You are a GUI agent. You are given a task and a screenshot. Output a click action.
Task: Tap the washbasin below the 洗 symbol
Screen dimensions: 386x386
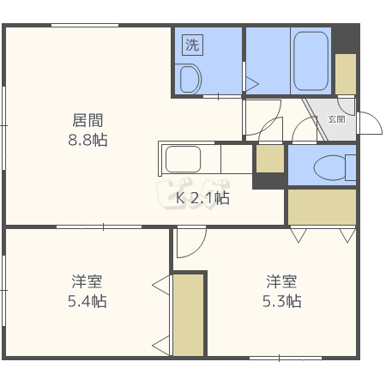point(190,79)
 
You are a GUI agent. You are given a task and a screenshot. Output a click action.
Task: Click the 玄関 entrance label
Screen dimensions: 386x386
point(336,120)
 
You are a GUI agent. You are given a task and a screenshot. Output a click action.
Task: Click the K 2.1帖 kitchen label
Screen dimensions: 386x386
point(202,198)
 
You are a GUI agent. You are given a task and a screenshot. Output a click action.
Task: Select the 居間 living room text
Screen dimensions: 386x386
point(87,120)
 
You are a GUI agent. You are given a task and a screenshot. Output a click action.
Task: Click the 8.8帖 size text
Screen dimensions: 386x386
point(87,140)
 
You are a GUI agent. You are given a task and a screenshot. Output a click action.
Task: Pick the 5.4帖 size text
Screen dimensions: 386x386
point(87,301)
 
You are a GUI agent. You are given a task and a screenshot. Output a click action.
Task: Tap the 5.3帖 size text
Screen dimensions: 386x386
point(281,301)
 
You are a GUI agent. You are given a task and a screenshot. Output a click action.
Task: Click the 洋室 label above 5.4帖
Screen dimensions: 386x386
point(87,281)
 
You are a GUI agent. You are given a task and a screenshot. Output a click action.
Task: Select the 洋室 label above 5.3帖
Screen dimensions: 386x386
point(281,281)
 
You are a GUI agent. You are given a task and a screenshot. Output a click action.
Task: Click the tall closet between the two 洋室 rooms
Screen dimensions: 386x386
point(189,314)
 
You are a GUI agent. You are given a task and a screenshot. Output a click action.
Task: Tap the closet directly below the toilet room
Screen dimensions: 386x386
point(322,207)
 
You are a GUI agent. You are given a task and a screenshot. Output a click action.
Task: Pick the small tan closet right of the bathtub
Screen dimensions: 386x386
point(346,74)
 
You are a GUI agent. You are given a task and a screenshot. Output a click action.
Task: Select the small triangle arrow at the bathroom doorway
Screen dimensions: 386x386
point(252,84)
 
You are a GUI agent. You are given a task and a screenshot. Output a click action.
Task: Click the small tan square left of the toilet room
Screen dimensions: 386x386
point(270,159)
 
